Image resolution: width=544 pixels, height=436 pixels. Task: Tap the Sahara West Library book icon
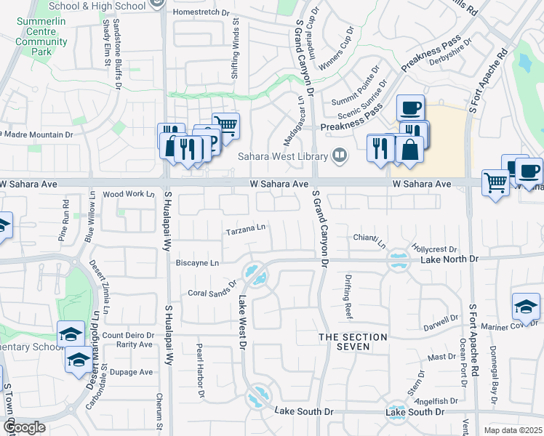pos(339,154)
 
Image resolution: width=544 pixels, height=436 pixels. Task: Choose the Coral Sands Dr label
pos(213,290)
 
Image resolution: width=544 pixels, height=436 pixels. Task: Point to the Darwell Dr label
pos(441,319)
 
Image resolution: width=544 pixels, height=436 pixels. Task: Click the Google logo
pos(24,427)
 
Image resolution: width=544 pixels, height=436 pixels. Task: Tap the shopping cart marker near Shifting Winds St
pos(226,125)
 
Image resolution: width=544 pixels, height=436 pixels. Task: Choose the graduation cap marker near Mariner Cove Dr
pos(526,306)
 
